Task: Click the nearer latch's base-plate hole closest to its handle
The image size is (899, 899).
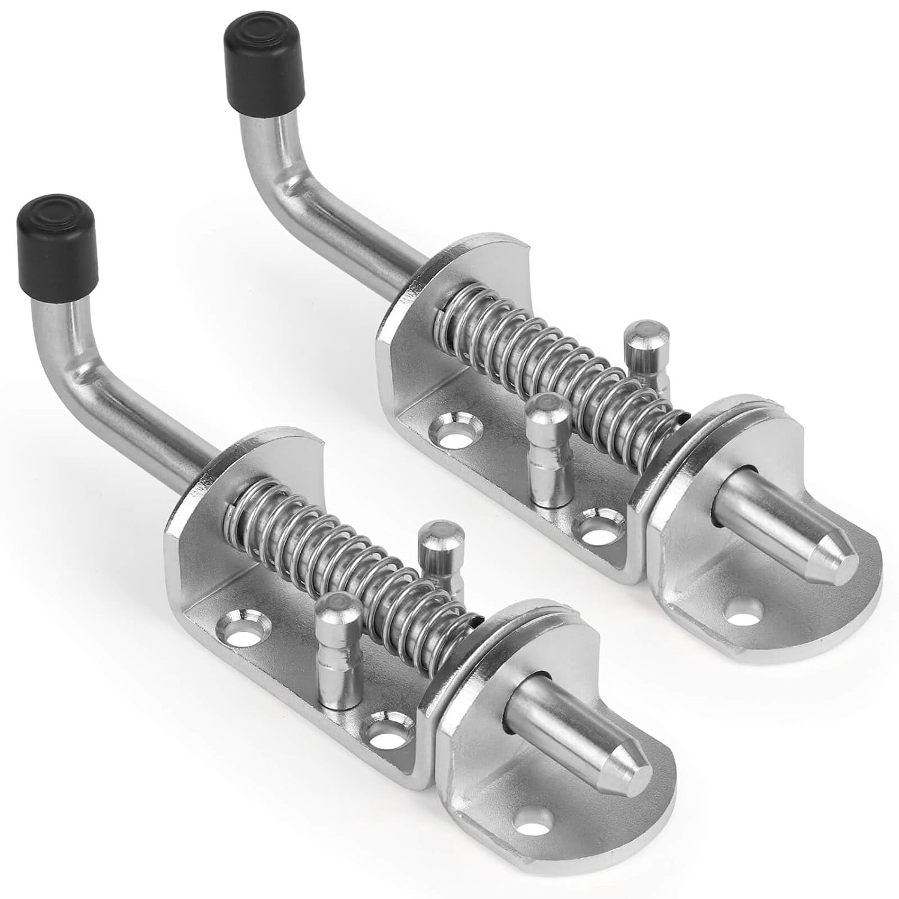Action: coord(244,630)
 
